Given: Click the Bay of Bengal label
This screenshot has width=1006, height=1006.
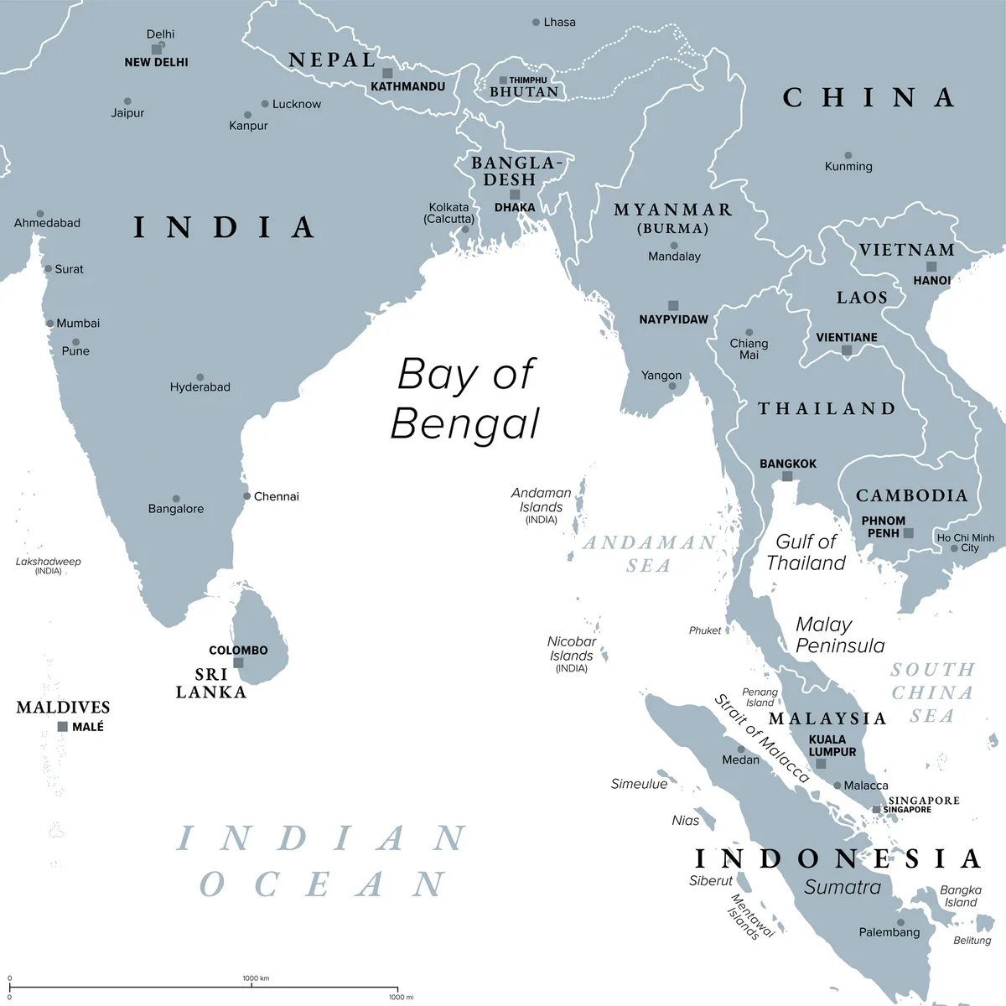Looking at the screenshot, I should [466, 398].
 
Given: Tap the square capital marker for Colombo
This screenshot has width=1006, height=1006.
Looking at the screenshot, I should [238, 663].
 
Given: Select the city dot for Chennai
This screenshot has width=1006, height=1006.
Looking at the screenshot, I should [246, 496].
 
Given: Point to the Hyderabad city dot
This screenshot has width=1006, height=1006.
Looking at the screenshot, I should [200, 377].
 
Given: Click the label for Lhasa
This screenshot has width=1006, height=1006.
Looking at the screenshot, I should [559, 22].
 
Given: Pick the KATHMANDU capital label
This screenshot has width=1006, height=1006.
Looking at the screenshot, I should [407, 86].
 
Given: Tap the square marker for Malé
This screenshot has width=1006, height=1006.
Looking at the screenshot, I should [62, 727].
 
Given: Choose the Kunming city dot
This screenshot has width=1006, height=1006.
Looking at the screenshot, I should [848, 155].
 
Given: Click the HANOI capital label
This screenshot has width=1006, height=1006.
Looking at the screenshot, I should [931, 281].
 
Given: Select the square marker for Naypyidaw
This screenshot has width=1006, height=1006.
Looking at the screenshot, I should [673, 306].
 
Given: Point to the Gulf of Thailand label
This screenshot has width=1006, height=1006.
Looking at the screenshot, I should [806, 552].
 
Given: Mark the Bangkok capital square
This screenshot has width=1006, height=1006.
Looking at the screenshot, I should [787, 476].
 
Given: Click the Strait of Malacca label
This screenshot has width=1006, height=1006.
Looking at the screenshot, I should [761, 738].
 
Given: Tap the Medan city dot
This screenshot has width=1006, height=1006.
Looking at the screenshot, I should [741, 749].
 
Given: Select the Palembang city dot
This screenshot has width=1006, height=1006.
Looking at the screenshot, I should [900, 922].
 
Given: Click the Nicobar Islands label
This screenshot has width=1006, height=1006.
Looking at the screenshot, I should [572, 650].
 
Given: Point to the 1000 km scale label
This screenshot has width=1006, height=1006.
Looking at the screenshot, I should [256, 978].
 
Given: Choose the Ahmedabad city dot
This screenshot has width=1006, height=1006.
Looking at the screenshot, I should [40, 214].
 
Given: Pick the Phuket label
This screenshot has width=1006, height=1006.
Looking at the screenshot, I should [705, 630].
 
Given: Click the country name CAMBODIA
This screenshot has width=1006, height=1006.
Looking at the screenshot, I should [911, 495].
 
